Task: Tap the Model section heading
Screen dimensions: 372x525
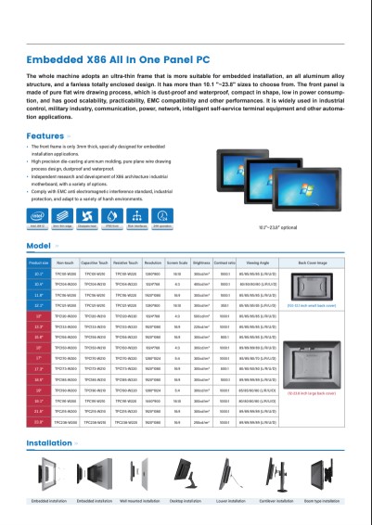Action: tap(39, 246)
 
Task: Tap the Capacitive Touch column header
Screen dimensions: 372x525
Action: tap(95, 263)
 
